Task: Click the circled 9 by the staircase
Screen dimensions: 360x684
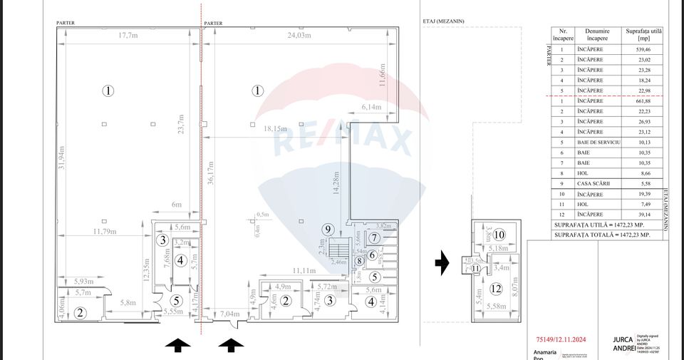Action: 328,230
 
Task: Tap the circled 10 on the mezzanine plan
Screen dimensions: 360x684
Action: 499,235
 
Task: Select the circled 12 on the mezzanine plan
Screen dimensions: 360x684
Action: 496,289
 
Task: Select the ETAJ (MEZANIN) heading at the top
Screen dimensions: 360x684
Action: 438,21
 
